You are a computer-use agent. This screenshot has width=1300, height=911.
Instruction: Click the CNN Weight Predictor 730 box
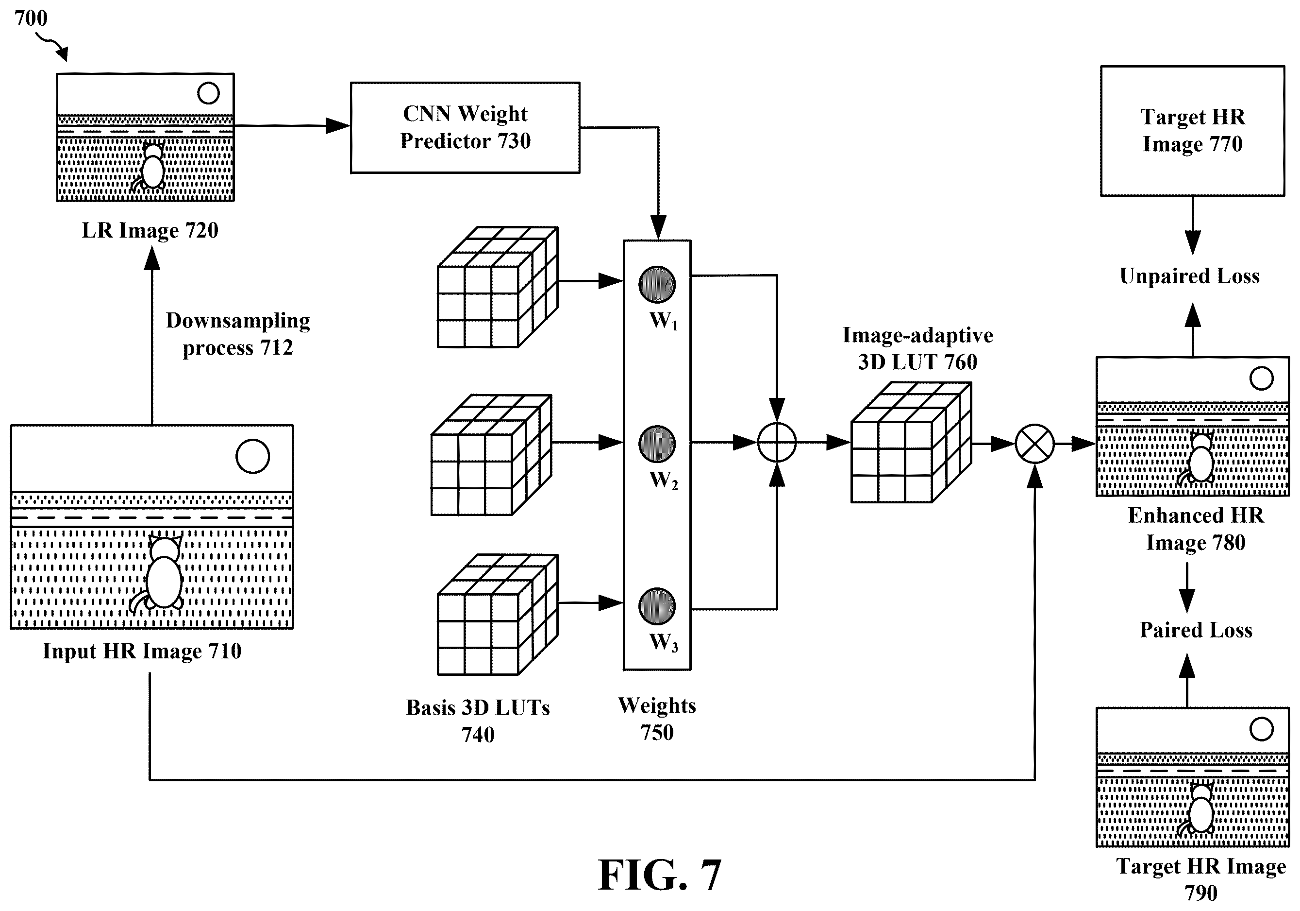click(x=465, y=127)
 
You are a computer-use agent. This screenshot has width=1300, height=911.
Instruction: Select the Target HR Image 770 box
click(x=1192, y=131)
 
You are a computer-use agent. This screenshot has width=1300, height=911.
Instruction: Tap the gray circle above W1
click(x=657, y=284)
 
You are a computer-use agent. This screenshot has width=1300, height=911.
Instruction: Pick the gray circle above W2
click(x=657, y=444)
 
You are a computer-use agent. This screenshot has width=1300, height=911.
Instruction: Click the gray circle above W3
click(x=657, y=606)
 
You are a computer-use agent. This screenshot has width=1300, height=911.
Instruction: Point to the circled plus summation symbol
click(x=777, y=443)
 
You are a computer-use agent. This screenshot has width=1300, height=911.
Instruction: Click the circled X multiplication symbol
click(x=1034, y=444)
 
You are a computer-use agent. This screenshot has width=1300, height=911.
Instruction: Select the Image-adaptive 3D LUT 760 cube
click(x=911, y=443)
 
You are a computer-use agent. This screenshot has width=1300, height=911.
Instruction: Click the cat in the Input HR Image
click(x=161, y=574)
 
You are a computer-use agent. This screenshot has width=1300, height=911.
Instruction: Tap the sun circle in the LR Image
click(x=208, y=93)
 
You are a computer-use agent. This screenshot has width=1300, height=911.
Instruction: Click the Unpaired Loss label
click(x=1190, y=276)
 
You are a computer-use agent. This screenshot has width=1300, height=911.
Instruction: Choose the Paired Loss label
click(x=1196, y=630)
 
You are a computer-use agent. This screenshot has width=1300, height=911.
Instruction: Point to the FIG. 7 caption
click(x=660, y=875)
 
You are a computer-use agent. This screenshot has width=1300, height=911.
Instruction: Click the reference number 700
click(x=31, y=18)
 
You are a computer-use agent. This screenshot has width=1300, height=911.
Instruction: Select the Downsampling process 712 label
click(x=238, y=334)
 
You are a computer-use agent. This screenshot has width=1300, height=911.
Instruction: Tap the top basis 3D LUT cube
click(x=498, y=287)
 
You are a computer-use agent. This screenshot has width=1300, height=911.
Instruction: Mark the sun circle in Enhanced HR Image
click(x=1262, y=378)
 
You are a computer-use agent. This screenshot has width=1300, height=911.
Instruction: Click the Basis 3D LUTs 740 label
click(x=478, y=721)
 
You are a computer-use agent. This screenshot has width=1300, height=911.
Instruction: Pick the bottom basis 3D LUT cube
click(x=498, y=615)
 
